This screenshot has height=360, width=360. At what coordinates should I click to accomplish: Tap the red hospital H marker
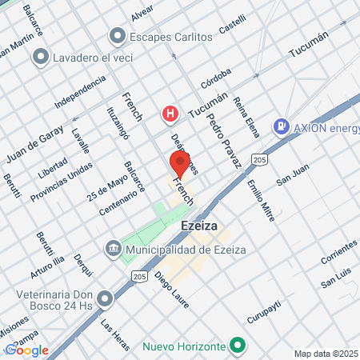[170, 114]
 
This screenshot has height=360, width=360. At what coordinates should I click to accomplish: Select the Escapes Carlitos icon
[119, 36]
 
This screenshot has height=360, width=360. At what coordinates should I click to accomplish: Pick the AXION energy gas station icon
[281, 126]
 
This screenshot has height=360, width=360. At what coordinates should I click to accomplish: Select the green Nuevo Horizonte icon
[236, 346]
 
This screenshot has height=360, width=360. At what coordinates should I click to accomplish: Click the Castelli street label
[231, 29]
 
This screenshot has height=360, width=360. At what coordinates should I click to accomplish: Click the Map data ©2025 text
[326, 354]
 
